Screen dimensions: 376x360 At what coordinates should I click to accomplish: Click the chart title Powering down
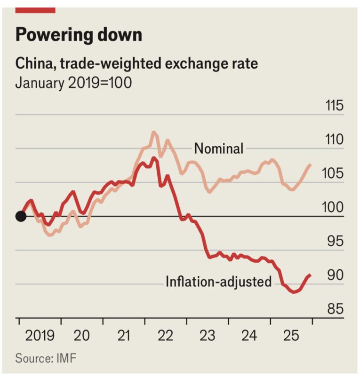click(x=79, y=35)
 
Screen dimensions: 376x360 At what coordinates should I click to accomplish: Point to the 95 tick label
click(x=335, y=242)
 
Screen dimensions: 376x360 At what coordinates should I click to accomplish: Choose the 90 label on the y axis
click(x=335, y=275)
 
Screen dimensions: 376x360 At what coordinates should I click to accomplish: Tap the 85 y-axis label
click(x=335, y=309)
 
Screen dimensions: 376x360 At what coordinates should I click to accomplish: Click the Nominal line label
click(x=219, y=149)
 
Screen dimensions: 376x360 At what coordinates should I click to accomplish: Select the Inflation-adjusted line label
click(x=219, y=282)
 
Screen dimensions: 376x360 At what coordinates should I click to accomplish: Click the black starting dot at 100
click(x=20, y=216)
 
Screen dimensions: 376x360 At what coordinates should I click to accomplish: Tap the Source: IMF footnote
click(x=46, y=358)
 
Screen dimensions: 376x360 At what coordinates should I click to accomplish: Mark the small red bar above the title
click(x=35, y=10)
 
